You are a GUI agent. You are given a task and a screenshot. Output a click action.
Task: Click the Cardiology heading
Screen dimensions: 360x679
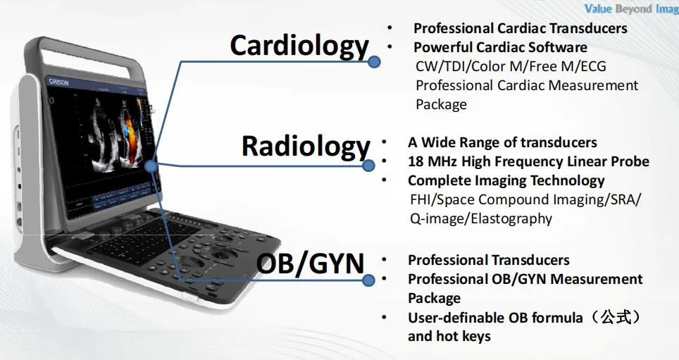coord(299,46)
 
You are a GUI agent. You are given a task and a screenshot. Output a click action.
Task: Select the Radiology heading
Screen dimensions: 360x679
coord(305,147)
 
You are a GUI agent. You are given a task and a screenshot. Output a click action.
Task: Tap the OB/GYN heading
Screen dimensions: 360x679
coord(310,263)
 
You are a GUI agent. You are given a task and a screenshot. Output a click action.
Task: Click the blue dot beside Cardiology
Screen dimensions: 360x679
coord(375,62)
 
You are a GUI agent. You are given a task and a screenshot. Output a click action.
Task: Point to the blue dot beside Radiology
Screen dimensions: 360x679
coord(368,166)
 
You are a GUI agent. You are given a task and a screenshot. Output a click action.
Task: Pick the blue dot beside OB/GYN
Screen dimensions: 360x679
coord(368,281)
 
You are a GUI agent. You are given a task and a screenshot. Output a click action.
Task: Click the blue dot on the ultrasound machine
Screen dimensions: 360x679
coord(151,166)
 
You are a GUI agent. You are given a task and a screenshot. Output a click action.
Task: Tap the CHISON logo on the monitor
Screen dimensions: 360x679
coord(58,82)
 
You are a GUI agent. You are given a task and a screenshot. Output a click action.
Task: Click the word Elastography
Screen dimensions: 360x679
coord(508,218)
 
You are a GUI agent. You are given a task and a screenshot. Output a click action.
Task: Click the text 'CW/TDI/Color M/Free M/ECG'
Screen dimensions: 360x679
coord(511,66)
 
